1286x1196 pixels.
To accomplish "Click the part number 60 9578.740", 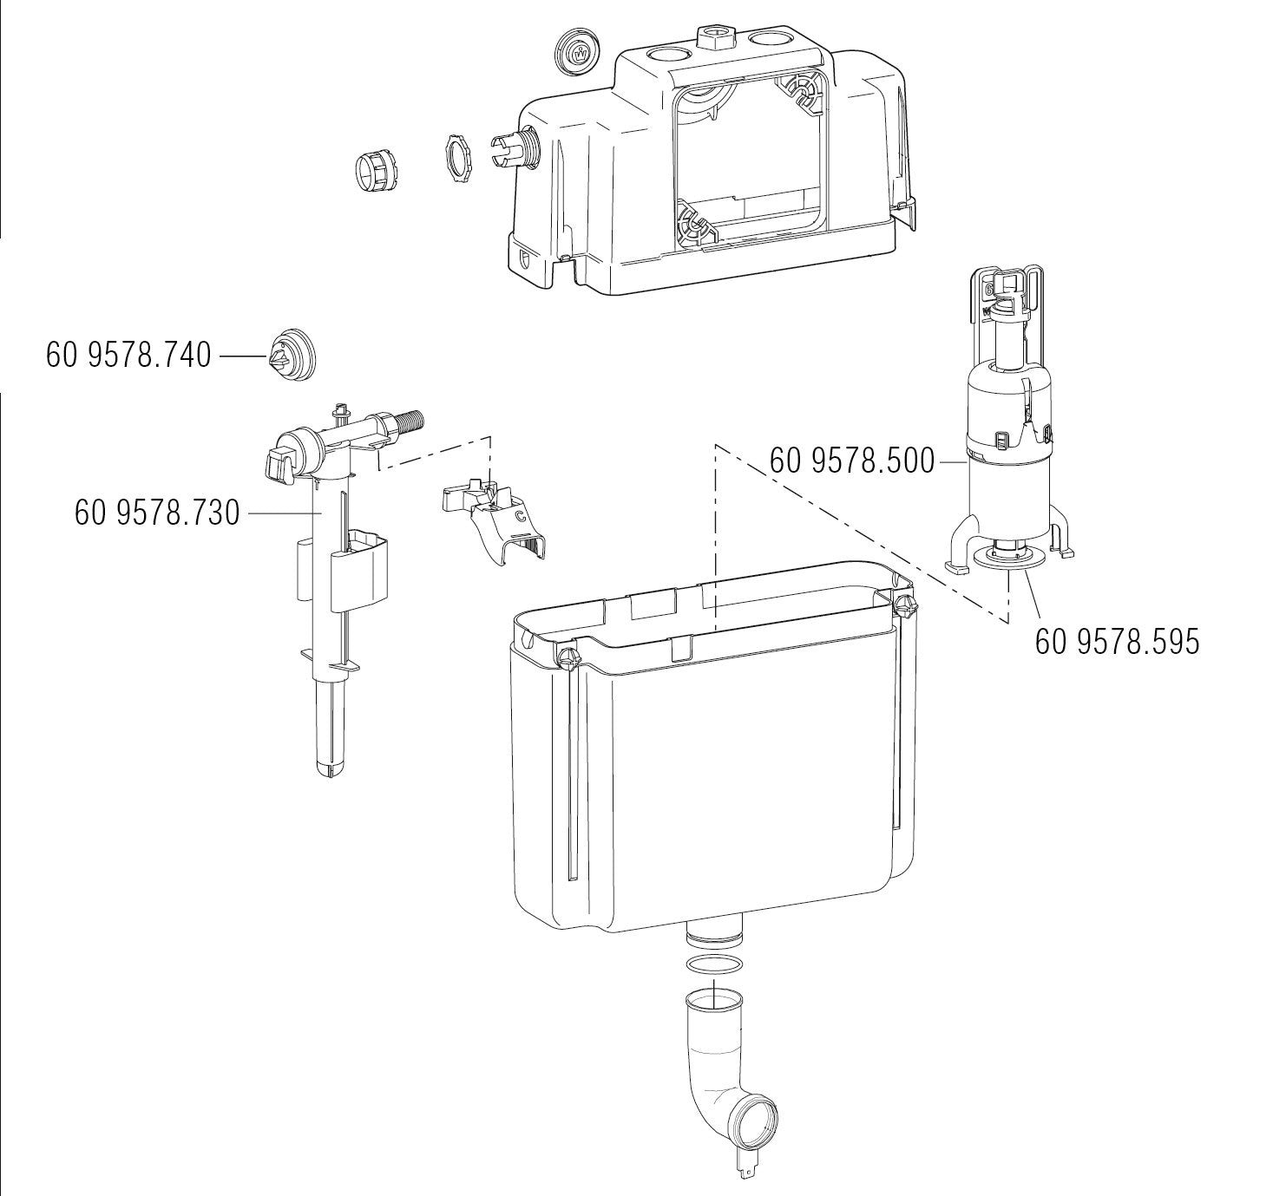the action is pyautogui.click(x=128, y=355).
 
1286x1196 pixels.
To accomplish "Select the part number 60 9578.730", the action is pyautogui.click(x=157, y=513).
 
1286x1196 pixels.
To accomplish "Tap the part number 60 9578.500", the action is pyautogui.click(x=852, y=461).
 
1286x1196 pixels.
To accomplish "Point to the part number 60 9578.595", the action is pyautogui.click(x=1117, y=642).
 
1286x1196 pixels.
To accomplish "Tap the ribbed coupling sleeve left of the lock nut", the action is pyautogui.click(x=377, y=172).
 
